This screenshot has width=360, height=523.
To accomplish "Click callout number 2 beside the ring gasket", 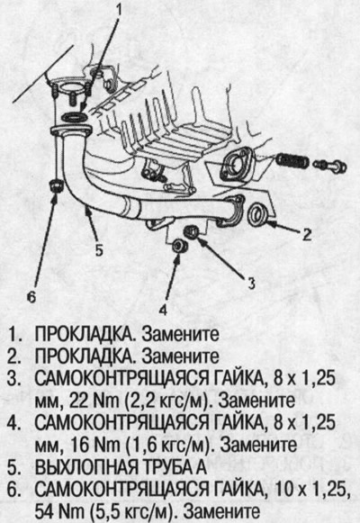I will [x=306, y=236].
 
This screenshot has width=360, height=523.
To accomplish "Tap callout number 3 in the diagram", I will [x=252, y=281].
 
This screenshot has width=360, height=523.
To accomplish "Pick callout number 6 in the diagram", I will [x=31, y=295].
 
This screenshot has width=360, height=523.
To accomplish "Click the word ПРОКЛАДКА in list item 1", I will [x=81, y=333].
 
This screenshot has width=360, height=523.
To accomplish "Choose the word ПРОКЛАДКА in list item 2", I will [x=81, y=354].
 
